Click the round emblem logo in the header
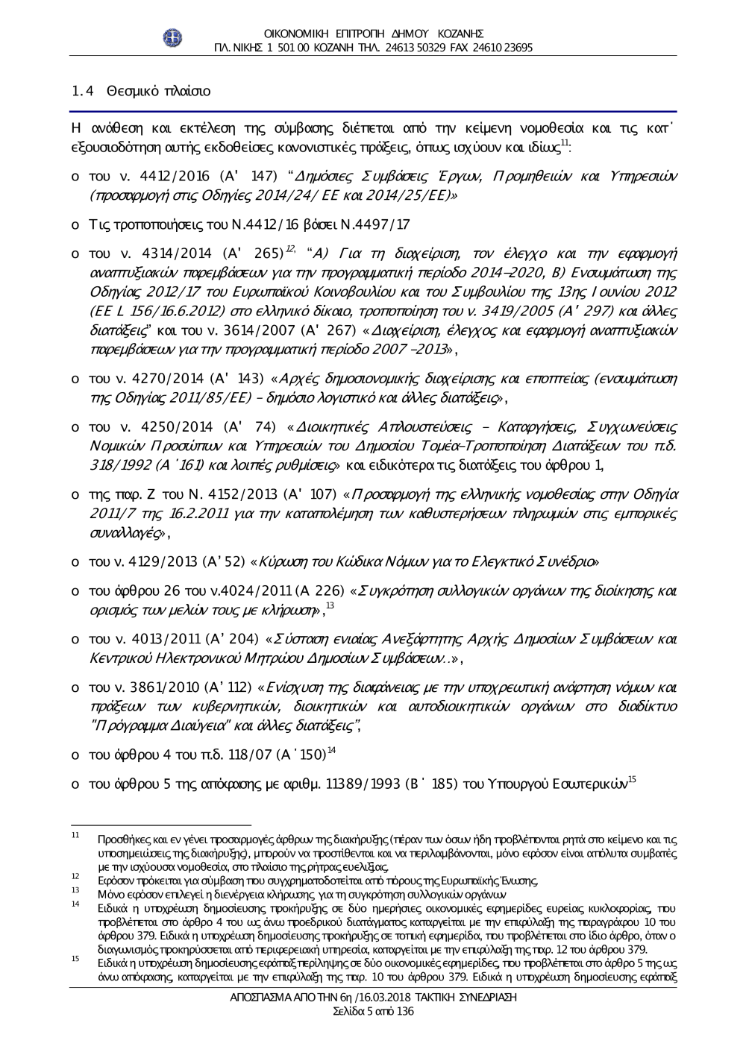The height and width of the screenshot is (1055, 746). click(173, 39)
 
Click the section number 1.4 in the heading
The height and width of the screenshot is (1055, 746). click(81, 92)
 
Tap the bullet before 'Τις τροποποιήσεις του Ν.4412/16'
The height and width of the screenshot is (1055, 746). click(75, 225)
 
